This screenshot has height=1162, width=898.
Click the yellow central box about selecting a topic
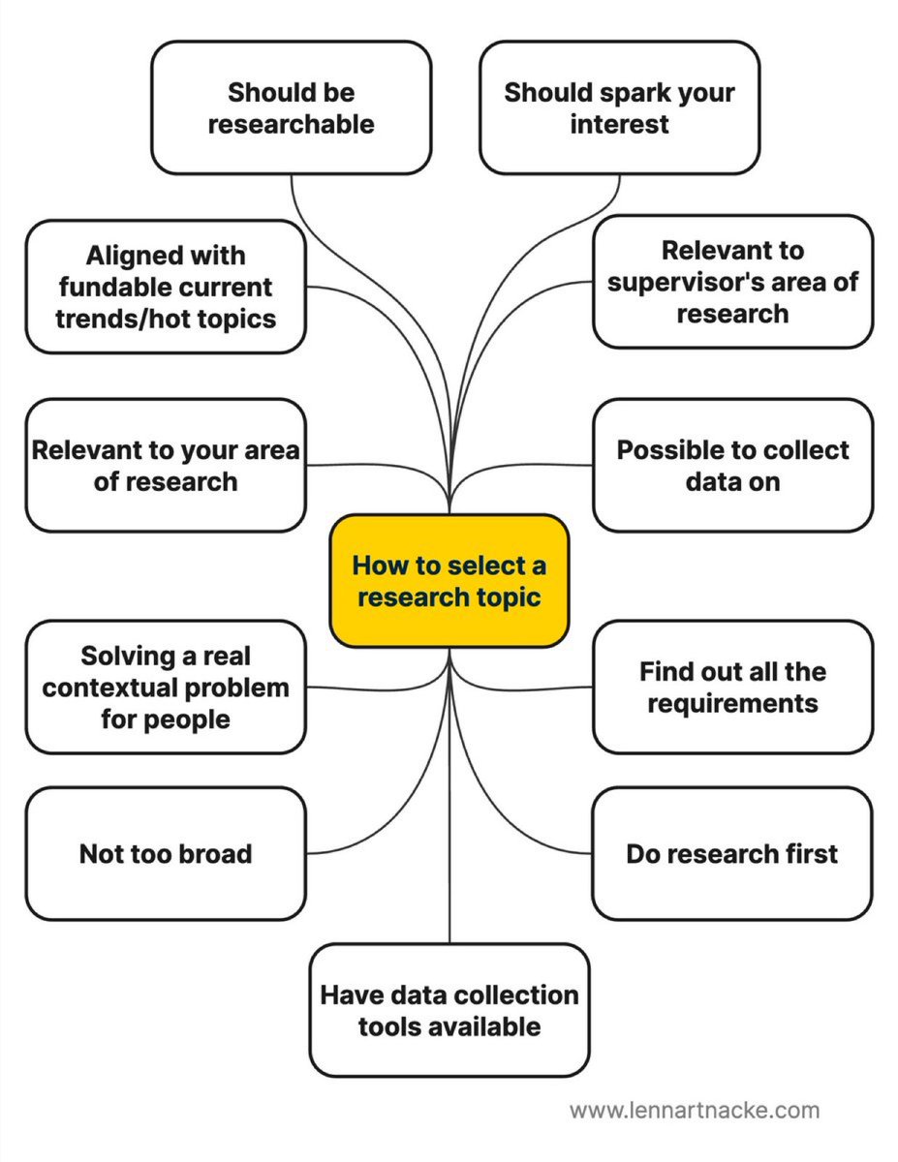(449, 581)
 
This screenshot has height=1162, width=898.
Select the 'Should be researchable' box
(291, 107)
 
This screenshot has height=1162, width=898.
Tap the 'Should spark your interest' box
(619, 107)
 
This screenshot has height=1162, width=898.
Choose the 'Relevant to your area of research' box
(166, 466)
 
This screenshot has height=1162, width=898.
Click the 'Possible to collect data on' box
(732, 466)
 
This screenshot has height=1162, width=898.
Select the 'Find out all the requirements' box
(732, 687)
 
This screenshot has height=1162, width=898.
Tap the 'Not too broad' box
(166, 853)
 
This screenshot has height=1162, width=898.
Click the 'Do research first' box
(732, 853)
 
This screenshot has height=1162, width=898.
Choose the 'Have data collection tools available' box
(449, 1010)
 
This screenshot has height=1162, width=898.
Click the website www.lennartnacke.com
(694, 1110)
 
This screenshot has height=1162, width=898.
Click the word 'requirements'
(732, 703)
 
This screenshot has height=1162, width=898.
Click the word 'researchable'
(291, 124)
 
